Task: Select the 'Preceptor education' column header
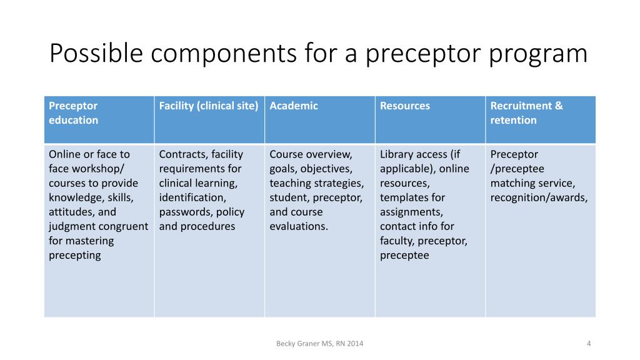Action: [74, 113]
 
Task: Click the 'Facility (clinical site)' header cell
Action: [209, 106]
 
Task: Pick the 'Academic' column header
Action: [294, 106]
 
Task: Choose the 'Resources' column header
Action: [405, 106]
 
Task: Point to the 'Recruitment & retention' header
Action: [526, 113]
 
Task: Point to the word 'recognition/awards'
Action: [539, 197]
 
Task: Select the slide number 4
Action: [589, 343]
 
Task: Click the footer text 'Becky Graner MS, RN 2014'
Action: [320, 343]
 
